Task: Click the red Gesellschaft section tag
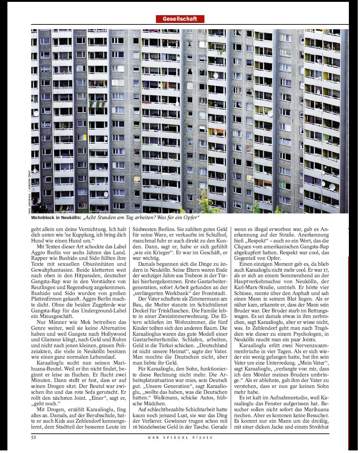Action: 180,19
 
